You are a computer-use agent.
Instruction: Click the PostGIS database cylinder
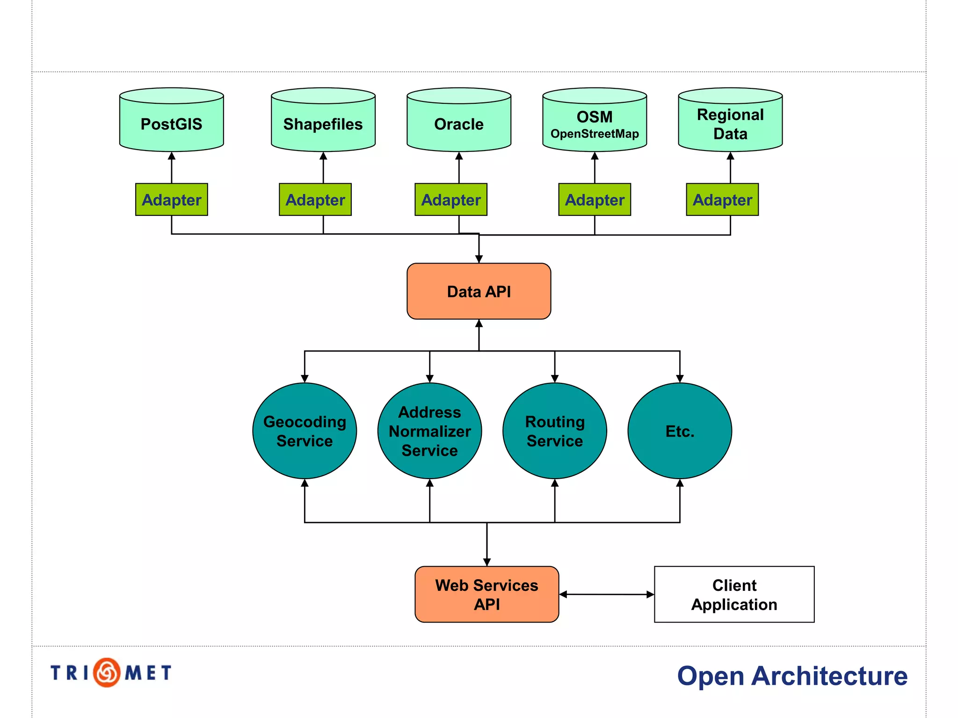tap(171, 124)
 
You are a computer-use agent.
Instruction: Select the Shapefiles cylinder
tap(323, 124)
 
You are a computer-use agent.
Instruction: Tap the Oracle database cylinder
tap(458, 124)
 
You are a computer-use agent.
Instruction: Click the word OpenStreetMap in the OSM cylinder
tap(594, 134)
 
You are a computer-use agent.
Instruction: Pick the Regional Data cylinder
tap(730, 124)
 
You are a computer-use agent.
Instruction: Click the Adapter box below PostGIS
tap(171, 200)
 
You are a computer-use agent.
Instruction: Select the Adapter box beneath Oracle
tap(450, 200)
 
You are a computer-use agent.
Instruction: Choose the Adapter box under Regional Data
tap(722, 200)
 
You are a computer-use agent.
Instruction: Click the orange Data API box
tap(479, 291)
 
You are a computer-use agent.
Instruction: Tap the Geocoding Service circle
tap(305, 431)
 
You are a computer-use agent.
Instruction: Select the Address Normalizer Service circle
tap(429, 431)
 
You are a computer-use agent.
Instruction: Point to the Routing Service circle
tap(554, 431)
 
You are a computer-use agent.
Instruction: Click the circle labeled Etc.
tap(679, 431)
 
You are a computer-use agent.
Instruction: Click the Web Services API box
tap(486, 594)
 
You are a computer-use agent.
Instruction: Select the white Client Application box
tap(734, 594)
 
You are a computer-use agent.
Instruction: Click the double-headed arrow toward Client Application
tap(606, 594)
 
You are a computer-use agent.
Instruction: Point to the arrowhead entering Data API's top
tap(479, 259)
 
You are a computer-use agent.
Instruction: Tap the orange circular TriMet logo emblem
tap(107, 672)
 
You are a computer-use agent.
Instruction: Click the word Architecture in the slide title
tap(829, 676)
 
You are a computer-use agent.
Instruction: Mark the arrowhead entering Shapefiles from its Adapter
tap(323, 156)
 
